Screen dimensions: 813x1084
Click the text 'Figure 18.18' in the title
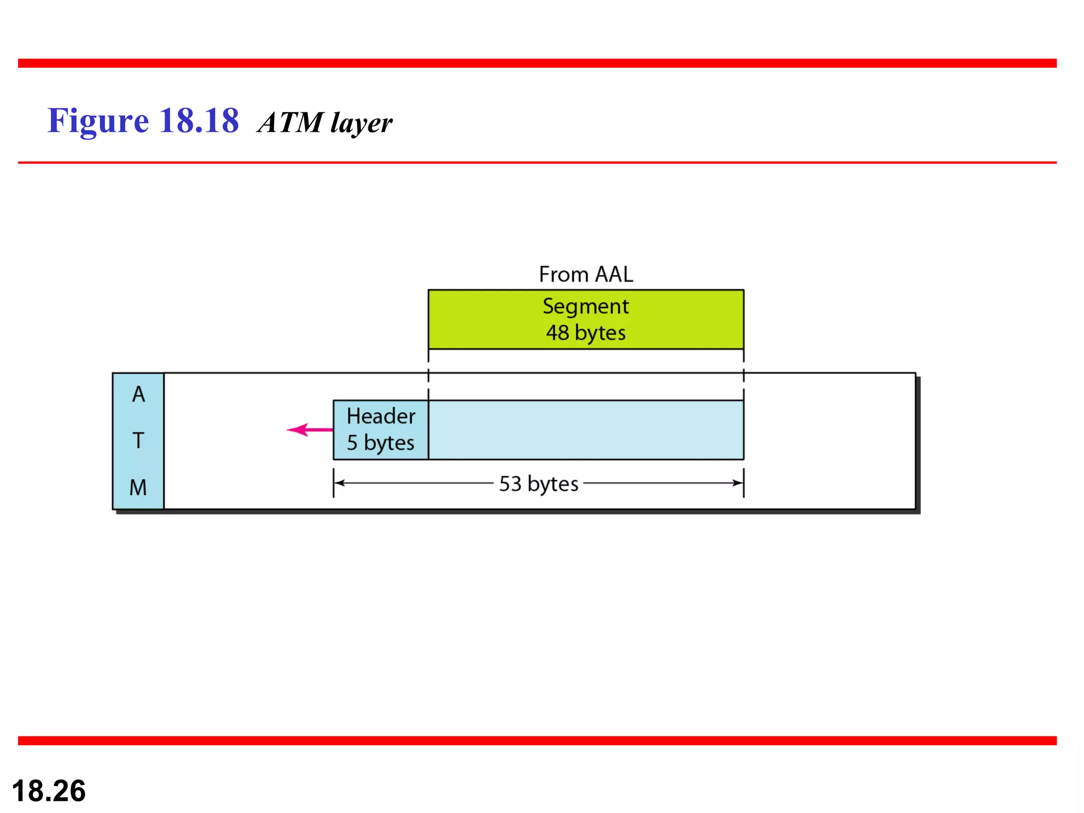point(143,121)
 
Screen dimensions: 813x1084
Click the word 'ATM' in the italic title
point(291,123)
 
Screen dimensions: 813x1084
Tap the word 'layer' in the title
point(362,124)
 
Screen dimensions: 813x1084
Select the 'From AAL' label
point(585,274)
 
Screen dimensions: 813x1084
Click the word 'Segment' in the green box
point(585,306)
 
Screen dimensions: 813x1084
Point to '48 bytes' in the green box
point(585,333)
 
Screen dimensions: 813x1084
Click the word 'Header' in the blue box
point(381,416)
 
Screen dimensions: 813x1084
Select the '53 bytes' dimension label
point(538,483)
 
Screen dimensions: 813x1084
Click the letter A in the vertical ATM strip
point(138,394)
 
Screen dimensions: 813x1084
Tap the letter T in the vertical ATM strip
point(138,440)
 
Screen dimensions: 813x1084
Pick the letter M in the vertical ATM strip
point(138,487)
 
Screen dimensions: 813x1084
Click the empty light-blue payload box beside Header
point(585,430)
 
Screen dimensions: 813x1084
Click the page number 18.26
point(49,791)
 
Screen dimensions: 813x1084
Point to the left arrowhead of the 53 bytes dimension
point(339,483)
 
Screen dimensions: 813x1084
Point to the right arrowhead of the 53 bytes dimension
point(738,483)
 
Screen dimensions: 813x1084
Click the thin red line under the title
point(537,162)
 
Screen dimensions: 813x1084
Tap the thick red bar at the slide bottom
point(537,740)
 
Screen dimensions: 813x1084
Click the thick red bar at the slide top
point(537,63)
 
